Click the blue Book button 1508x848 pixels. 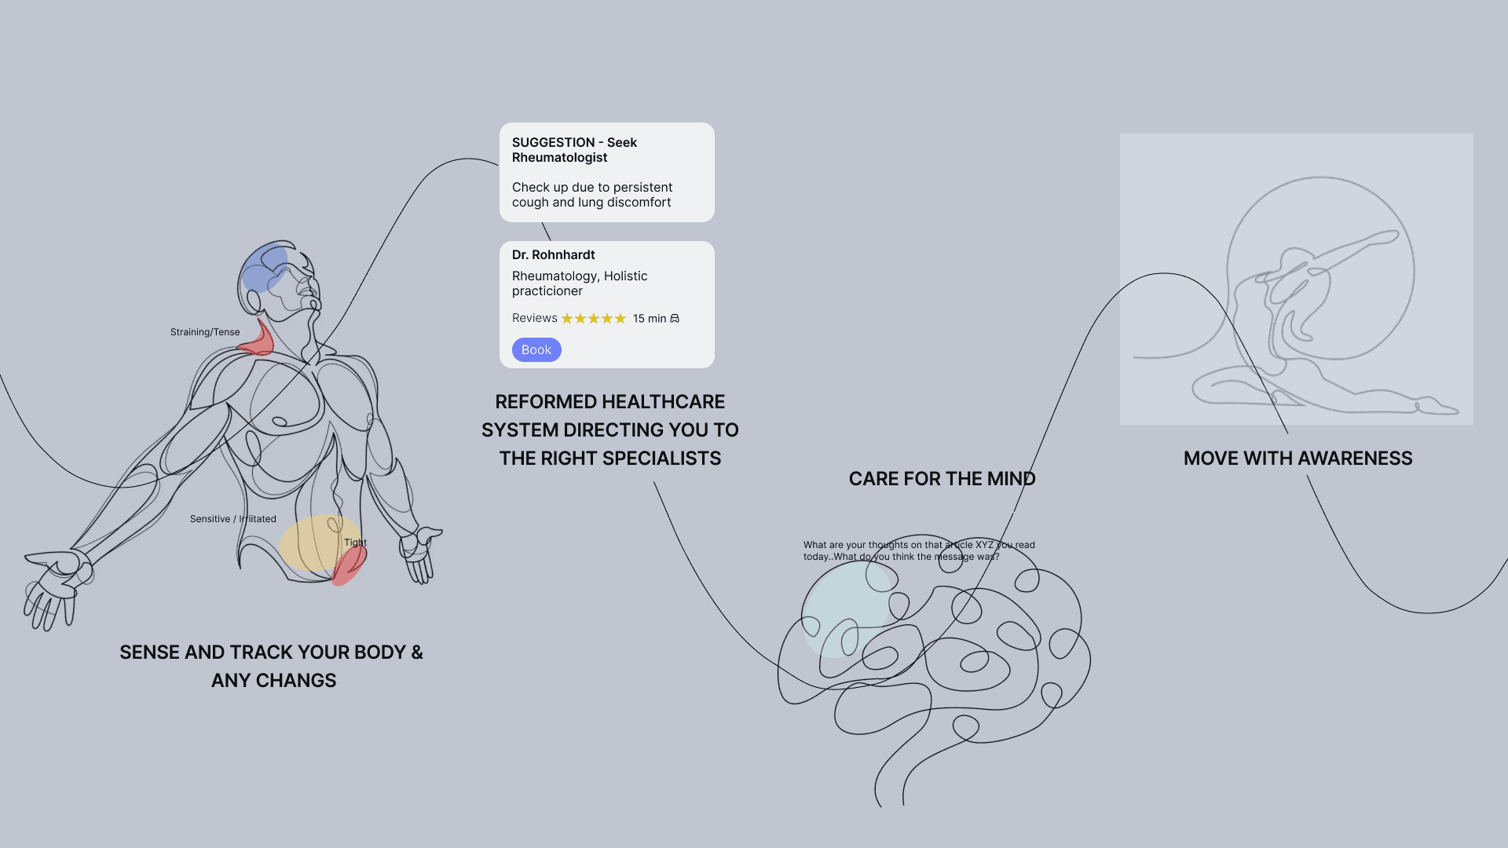536,350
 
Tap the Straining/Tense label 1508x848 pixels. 205,332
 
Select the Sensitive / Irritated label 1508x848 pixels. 232,519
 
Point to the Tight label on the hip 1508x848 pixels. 355,543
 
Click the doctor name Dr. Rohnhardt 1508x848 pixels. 553,255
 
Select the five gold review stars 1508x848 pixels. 594,319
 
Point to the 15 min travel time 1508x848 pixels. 650,319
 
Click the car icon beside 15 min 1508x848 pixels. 675,319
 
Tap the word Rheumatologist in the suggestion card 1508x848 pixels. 559,158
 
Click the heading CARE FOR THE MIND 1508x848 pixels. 942,479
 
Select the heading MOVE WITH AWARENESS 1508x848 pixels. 1298,459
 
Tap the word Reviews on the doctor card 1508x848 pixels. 534,318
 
